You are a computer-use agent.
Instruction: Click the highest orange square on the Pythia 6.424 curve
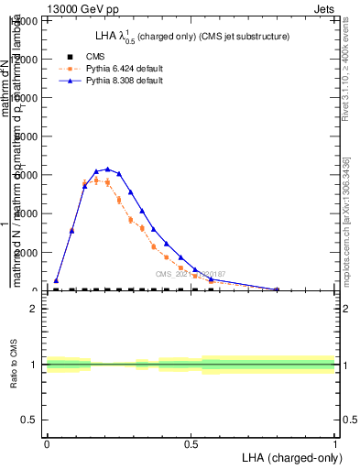96,180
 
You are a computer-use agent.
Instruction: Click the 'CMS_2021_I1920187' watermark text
190,274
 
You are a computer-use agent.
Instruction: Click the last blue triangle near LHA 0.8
277,289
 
